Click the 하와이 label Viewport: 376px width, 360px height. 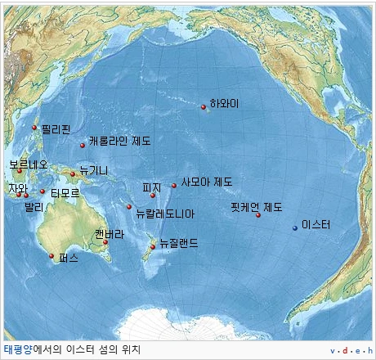click(224, 103)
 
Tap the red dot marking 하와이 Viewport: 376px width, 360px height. click(204, 106)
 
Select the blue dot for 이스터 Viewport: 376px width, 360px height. click(296, 228)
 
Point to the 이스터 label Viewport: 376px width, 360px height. click(316, 224)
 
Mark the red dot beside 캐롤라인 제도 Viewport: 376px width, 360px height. click(83, 146)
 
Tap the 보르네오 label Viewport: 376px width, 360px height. click(29, 164)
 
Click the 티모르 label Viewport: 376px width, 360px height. click(65, 193)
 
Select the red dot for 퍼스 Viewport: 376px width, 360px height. click(51, 256)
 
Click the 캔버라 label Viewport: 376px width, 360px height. click(109, 233)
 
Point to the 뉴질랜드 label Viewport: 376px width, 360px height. click(178, 243)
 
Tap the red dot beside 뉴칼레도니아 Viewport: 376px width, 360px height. click(129, 207)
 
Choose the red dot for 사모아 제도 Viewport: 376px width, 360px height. click(174, 186)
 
